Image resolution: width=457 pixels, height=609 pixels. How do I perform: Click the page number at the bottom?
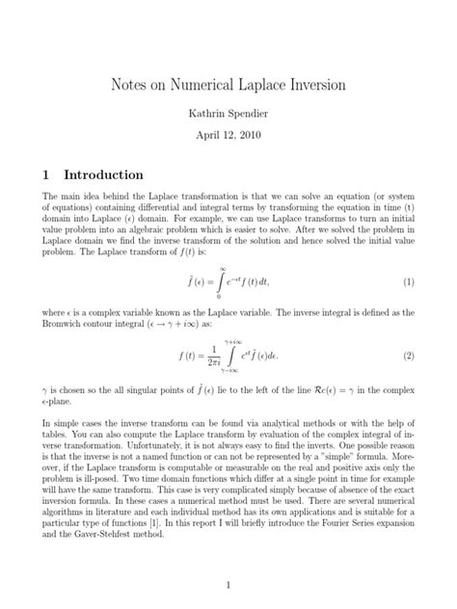[228, 583]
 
